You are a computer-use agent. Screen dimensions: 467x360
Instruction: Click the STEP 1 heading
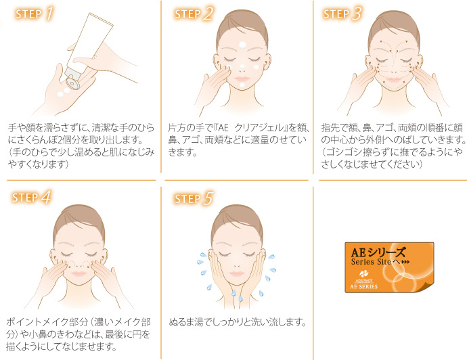pos(35,14)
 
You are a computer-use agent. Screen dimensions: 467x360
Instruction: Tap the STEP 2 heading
pos(194,14)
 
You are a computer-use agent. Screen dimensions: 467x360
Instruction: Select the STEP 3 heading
pos(342,14)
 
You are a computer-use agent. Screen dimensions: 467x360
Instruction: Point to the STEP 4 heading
pos(32,197)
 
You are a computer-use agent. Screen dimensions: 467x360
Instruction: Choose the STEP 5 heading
pos(194,198)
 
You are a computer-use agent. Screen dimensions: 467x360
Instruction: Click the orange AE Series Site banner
pos(389,267)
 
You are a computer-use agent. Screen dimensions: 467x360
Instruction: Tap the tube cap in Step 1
pos(72,82)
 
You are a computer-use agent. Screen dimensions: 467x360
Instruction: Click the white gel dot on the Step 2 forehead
pos(242,45)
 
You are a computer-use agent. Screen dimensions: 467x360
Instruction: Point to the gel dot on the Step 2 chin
pos(242,85)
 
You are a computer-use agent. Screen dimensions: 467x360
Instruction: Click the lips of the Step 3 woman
pos(393,79)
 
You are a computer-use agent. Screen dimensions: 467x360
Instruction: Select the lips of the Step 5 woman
pos(236,273)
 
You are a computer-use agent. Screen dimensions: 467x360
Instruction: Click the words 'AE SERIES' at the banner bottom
pos(363,286)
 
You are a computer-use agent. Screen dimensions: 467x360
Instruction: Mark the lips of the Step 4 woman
pos(79,273)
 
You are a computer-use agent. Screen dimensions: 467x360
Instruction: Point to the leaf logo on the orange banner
pos(363,273)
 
